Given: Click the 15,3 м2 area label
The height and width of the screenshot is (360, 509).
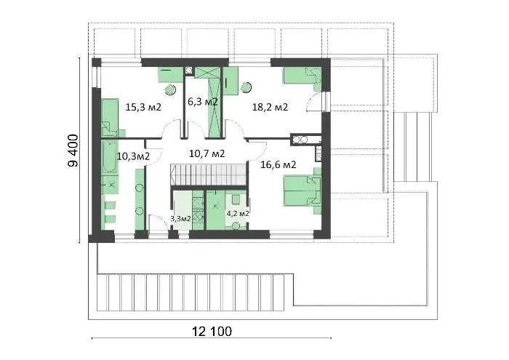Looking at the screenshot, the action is click(x=143, y=107).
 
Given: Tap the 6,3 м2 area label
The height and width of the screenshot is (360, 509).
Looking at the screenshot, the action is click(x=203, y=102).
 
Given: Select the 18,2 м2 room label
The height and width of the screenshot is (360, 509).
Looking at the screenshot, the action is click(x=270, y=107).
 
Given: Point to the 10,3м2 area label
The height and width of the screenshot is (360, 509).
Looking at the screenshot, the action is click(x=133, y=156).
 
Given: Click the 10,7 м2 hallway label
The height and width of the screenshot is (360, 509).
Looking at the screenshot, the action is click(x=207, y=153).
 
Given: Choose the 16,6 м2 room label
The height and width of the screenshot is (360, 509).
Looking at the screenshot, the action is click(x=278, y=164).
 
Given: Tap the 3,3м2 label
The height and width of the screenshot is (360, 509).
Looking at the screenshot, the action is click(x=181, y=218).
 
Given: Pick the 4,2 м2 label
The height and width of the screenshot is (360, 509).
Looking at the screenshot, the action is click(x=238, y=214).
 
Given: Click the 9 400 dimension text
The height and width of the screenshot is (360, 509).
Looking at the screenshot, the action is click(x=73, y=151).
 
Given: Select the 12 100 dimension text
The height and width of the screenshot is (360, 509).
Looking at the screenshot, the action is click(x=212, y=332).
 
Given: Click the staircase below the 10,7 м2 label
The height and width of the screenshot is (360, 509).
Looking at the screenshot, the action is click(x=209, y=175).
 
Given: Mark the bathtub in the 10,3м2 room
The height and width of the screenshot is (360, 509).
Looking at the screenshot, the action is click(x=110, y=157).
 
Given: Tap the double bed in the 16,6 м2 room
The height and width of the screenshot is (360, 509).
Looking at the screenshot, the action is click(x=302, y=191).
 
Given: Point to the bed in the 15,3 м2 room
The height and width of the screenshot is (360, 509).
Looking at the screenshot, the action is click(x=111, y=118).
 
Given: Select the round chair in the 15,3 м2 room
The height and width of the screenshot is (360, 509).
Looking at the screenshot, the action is click(x=170, y=89).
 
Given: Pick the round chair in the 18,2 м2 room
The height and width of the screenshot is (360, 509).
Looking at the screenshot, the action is click(x=247, y=87).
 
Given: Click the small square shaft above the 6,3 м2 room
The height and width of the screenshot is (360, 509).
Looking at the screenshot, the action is click(x=189, y=71).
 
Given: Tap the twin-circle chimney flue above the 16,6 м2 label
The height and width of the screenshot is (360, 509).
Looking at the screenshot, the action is click(x=300, y=140).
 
